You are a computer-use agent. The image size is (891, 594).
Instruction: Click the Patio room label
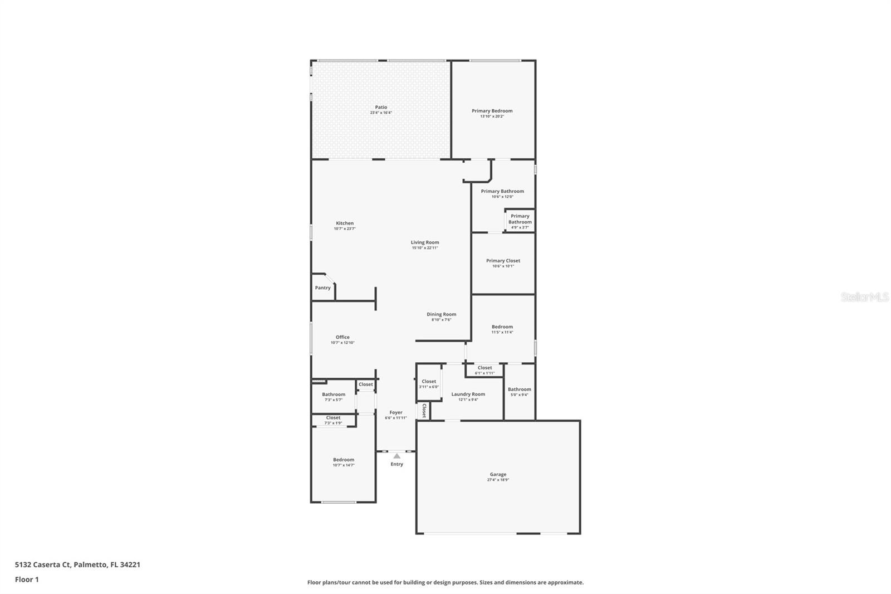tap(381, 107)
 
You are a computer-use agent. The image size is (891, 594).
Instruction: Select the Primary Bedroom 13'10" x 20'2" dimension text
tap(492, 116)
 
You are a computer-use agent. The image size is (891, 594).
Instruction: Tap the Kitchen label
tap(344, 223)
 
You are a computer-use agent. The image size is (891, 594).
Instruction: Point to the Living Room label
tap(425, 242)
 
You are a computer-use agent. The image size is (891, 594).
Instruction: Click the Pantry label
tap(322, 288)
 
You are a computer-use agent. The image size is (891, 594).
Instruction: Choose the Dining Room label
tap(441, 314)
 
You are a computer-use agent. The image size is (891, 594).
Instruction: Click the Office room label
tap(342, 337)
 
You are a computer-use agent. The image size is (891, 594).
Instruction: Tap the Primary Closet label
tap(503, 261)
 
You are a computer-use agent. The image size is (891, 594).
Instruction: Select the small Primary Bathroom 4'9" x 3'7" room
tap(520, 221)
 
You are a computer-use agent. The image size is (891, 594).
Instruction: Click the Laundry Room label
tap(468, 394)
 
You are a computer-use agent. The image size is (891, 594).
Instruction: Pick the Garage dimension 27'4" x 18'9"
tap(498, 480)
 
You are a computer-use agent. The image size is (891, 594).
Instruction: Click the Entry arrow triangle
tap(396, 456)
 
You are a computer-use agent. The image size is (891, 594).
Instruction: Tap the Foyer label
tap(396, 413)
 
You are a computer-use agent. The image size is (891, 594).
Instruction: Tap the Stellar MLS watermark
tap(864, 297)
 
